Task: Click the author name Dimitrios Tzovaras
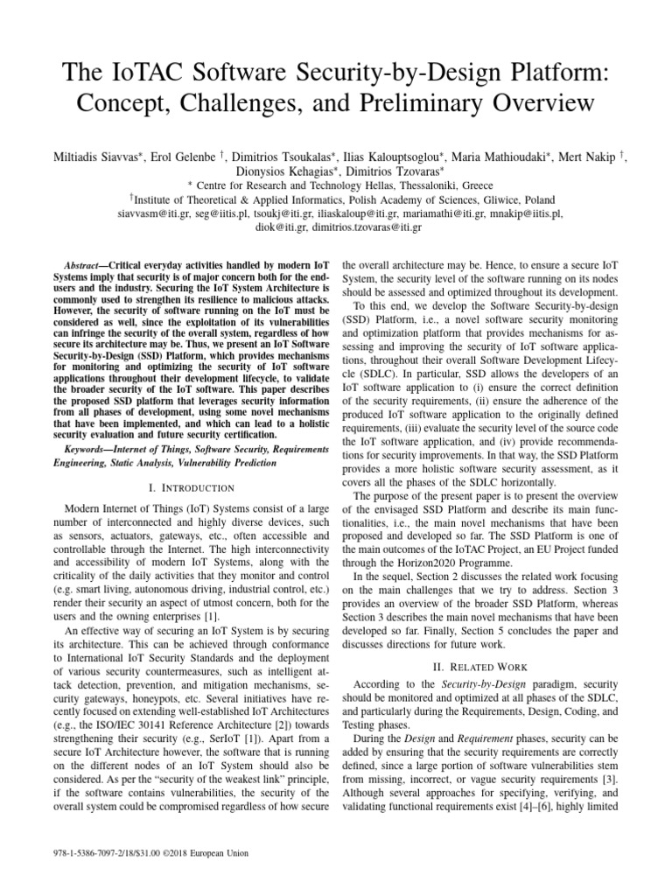(385, 171)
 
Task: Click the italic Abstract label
(83, 265)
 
